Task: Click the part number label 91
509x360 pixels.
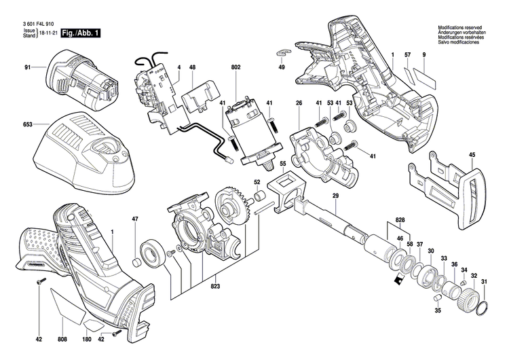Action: (28, 67)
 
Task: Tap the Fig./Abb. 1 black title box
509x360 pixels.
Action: (80, 33)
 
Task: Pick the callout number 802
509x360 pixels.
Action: (235, 67)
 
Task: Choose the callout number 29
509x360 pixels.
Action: (335, 196)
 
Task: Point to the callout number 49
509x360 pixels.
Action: (282, 67)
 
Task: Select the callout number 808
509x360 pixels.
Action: (62, 338)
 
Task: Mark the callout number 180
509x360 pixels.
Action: (86, 338)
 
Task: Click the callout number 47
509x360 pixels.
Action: (135, 219)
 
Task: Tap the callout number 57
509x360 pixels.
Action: (408, 54)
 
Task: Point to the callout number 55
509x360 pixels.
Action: (283, 164)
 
